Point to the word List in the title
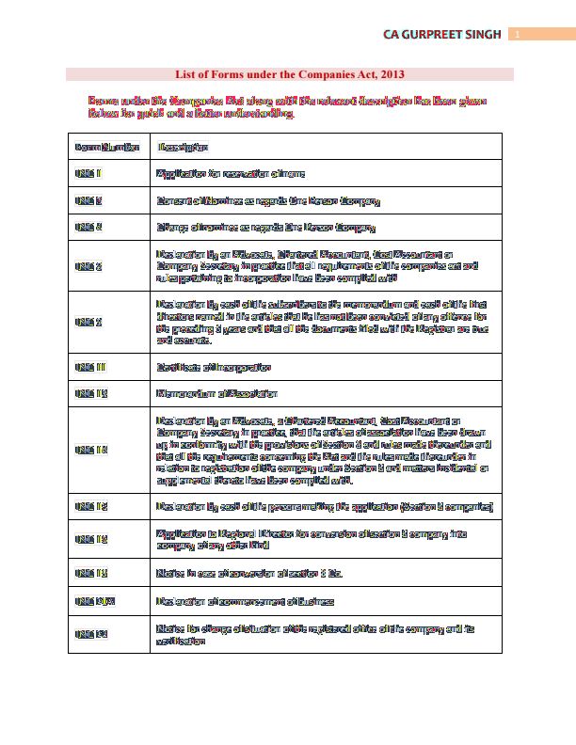pyautogui.click(x=186, y=73)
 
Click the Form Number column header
pyautogui.click(x=106, y=147)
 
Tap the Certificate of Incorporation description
pyautogui.click(x=215, y=367)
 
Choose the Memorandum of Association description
pyautogui.click(x=217, y=393)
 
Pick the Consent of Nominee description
pyautogui.click(x=268, y=201)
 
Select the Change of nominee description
pyautogui.click(x=266, y=228)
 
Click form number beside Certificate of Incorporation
pyautogui.click(x=91, y=367)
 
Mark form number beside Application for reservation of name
pyautogui.click(x=88, y=174)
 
